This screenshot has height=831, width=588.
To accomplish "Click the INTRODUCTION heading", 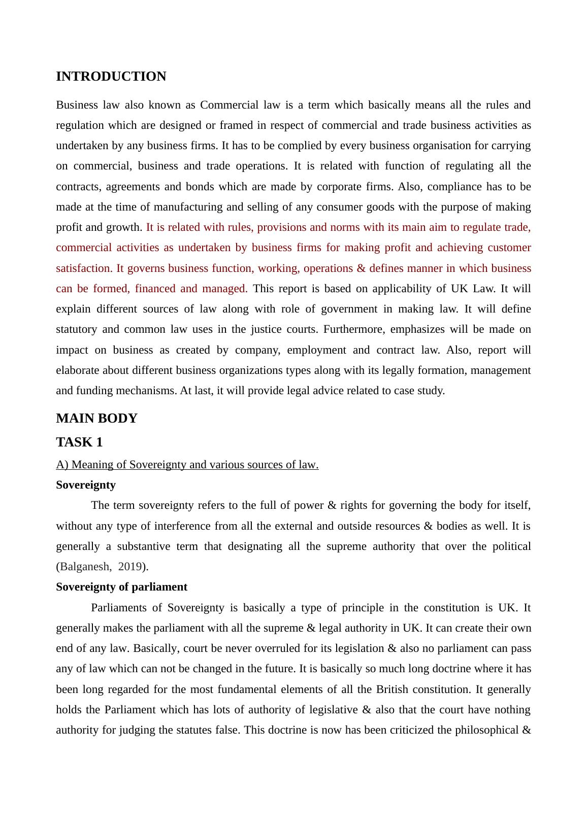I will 111,77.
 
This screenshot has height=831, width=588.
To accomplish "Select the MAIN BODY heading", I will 96,419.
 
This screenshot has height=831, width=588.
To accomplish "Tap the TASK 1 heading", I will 79,442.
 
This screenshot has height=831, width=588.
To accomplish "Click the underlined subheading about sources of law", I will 187,465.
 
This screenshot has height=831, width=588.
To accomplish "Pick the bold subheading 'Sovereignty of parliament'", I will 121,587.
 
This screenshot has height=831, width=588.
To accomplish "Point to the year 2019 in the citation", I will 129,567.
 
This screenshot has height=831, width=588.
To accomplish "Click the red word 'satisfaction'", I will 83,268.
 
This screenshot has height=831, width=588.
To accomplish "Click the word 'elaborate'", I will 78,370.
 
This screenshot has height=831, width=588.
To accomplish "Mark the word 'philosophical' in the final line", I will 486,730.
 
